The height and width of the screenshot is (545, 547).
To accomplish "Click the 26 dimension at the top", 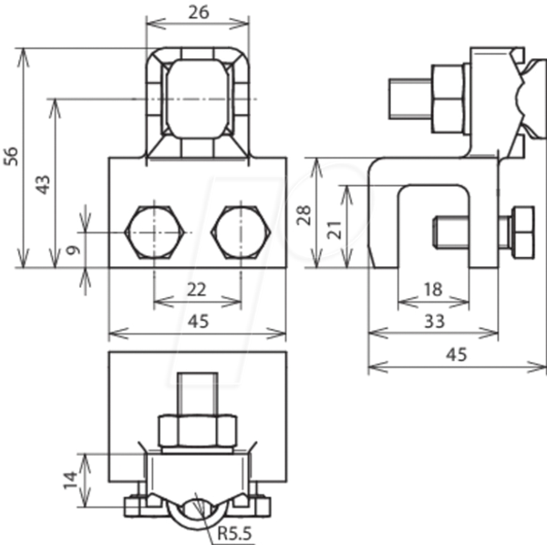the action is click(199, 12).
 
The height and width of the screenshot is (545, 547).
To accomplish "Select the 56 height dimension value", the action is click(11, 156).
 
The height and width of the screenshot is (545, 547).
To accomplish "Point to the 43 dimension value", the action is click(43, 185).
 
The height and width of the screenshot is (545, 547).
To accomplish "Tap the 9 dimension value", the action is click(73, 250).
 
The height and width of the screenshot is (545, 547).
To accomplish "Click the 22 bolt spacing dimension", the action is click(197, 290).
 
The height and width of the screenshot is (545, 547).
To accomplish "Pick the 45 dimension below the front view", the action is click(198, 321).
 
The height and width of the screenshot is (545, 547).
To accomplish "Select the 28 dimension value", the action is click(304, 215).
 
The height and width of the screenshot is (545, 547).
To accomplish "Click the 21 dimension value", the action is click(335, 230).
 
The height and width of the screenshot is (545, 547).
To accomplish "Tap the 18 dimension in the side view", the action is click(433, 290).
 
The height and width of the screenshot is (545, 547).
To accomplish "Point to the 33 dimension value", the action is click(434, 321).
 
